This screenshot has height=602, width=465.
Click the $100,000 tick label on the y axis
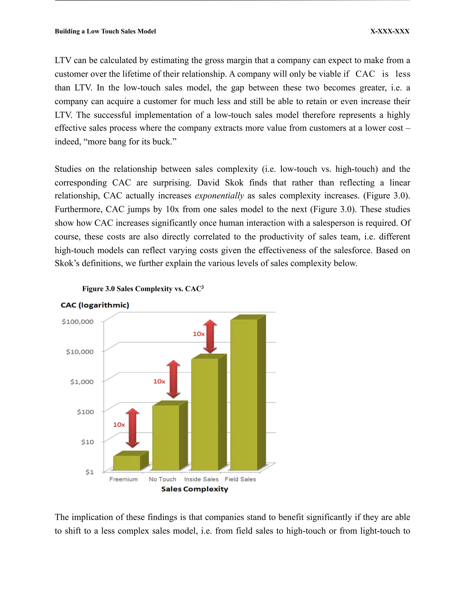(x=77, y=322)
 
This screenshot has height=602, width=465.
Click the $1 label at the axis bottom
(x=89, y=472)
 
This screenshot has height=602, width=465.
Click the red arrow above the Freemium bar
(x=133, y=428)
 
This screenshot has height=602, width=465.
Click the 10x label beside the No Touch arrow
(x=159, y=381)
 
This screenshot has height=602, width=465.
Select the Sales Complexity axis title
(x=195, y=489)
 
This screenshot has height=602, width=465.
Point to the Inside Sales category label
(x=201, y=479)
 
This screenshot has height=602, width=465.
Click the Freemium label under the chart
(x=124, y=479)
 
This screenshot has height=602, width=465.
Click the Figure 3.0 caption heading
(x=143, y=289)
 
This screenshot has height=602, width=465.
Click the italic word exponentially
(x=219, y=196)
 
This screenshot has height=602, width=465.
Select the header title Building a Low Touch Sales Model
(x=105, y=31)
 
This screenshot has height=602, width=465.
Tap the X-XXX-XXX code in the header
(x=390, y=31)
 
